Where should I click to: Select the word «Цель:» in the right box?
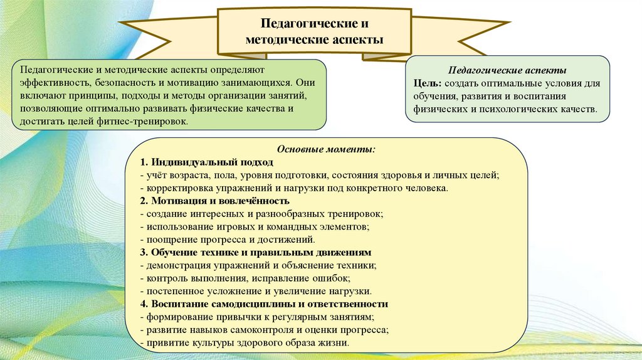click(427, 83)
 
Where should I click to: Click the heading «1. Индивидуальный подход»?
click(194, 162)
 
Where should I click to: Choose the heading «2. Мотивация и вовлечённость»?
click(215, 201)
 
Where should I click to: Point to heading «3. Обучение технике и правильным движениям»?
click(256, 252)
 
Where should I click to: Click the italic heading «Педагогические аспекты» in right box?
click(508, 70)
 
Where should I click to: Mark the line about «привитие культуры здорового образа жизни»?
click(246, 343)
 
